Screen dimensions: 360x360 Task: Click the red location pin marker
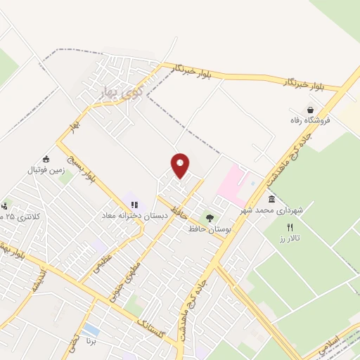(x=181, y=165)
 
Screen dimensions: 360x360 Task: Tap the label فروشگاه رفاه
(x=310, y=120)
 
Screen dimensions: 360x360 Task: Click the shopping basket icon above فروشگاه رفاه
(x=310, y=109)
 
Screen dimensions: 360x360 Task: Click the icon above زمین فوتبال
(x=46, y=159)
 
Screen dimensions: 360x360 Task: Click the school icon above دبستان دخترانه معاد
(x=134, y=205)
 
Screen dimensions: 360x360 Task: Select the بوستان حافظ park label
(x=209, y=229)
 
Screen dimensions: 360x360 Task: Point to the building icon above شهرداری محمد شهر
(x=271, y=199)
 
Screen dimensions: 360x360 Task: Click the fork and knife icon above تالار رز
(x=290, y=227)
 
